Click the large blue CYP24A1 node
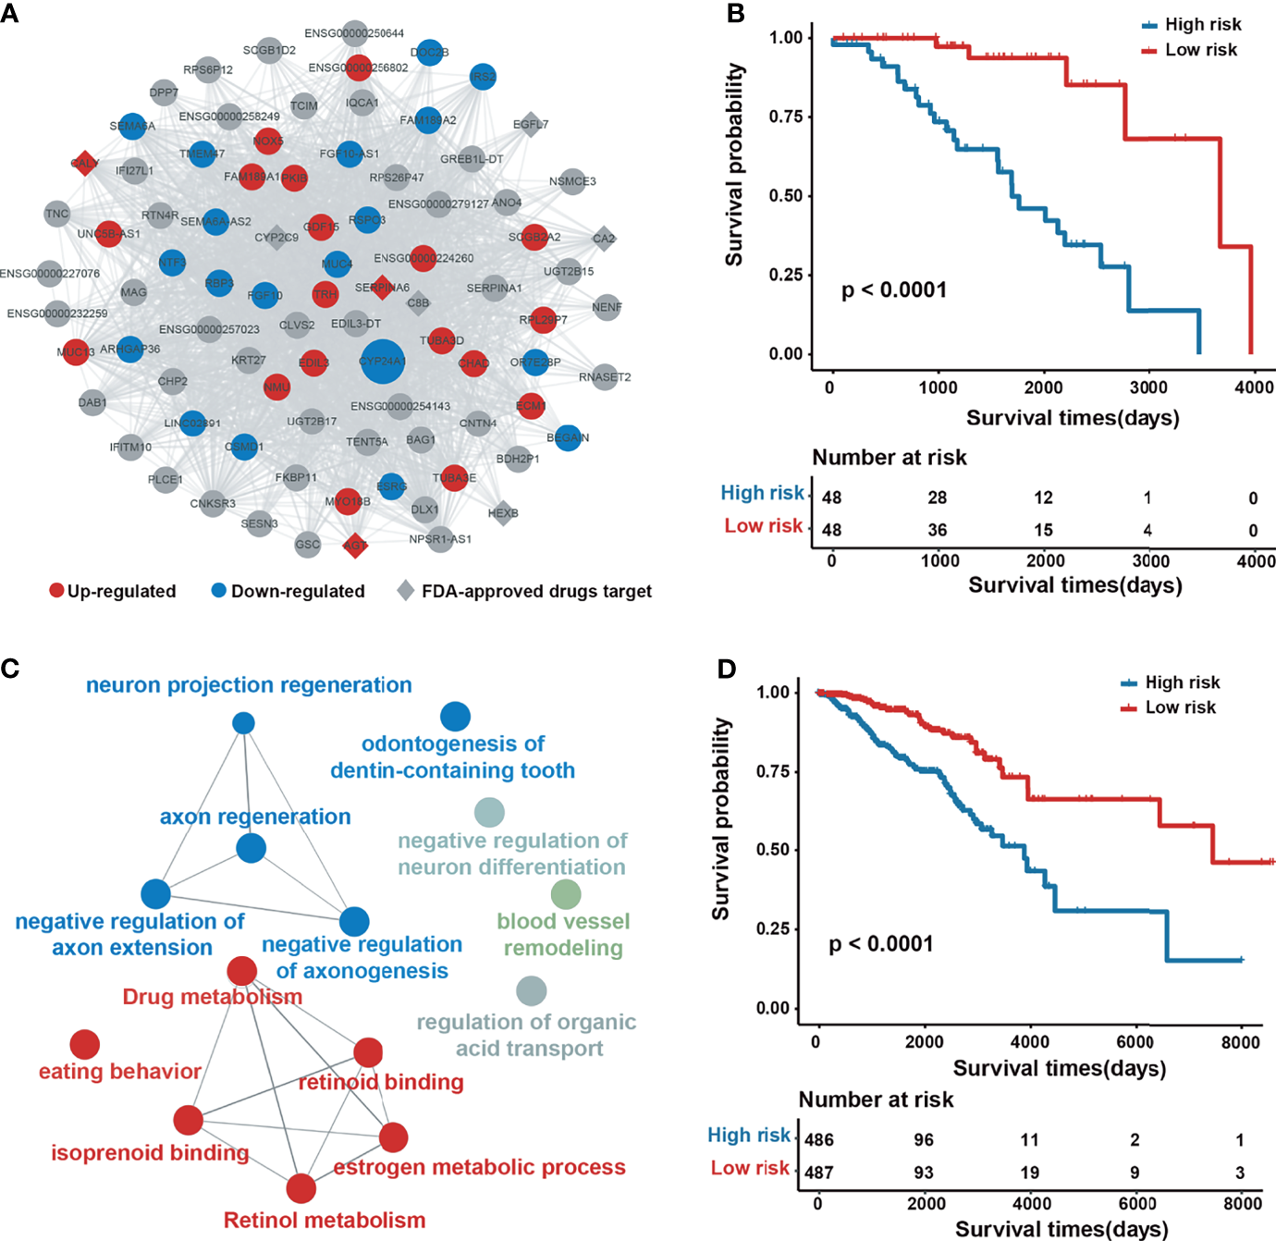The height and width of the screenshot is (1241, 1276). (383, 361)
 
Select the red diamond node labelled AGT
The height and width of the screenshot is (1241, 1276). (355, 545)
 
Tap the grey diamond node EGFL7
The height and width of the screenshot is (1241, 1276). (531, 125)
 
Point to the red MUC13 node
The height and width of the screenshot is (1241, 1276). (76, 351)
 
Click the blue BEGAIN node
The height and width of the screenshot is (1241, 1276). (569, 437)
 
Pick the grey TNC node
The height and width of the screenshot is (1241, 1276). (57, 214)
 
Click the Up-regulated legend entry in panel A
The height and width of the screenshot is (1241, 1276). (112, 591)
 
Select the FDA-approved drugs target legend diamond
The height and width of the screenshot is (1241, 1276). (405, 590)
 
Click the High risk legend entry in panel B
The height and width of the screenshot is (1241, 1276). (1192, 25)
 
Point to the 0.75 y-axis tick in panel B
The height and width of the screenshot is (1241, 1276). (785, 117)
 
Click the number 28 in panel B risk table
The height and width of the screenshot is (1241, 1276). (938, 498)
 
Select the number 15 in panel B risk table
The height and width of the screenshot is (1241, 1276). (1043, 530)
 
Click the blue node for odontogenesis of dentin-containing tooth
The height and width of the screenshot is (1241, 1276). (455, 716)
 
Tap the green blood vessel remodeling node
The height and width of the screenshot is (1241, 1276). (566, 894)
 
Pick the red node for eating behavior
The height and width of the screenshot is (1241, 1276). (85, 1044)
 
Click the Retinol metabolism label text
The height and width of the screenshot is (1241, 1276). (325, 1220)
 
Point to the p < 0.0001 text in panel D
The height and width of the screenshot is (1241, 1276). (881, 944)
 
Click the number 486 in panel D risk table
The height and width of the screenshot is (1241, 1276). (819, 1139)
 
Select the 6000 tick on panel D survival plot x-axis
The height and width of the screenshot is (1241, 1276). (1135, 1042)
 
